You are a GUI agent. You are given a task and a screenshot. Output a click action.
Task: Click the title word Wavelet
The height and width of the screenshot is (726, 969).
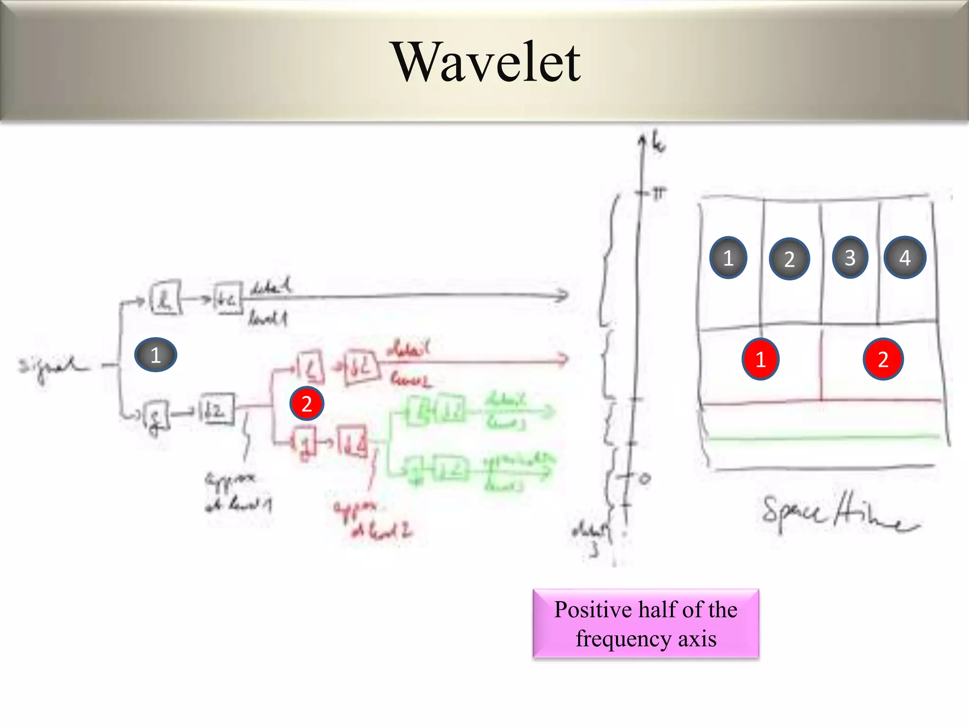click(x=487, y=62)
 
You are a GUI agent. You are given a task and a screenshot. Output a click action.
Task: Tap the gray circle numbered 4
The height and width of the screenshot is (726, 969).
click(x=905, y=258)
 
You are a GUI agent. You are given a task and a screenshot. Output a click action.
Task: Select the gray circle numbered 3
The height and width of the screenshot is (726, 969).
click(x=850, y=257)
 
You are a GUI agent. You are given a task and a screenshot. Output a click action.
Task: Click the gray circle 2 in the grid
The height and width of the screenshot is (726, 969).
click(x=789, y=259)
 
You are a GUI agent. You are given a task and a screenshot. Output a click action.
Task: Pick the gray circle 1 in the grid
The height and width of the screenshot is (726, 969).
click(x=728, y=258)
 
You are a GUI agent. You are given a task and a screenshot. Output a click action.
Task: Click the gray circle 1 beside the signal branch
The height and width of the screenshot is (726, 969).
click(x=156, y=355)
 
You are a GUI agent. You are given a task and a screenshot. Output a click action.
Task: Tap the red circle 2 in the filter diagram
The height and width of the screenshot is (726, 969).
click(x=307, y=404)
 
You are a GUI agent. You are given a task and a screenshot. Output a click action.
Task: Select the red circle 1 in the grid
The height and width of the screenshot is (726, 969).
click(x=760, y=359)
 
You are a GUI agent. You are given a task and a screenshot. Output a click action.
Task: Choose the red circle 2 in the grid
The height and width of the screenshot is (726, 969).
click(x=883, y=359)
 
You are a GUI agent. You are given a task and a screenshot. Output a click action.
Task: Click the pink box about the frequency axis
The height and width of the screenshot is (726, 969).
click(x=646, y=623)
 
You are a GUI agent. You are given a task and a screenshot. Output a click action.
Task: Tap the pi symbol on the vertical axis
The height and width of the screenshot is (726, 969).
click(x=659, y=193)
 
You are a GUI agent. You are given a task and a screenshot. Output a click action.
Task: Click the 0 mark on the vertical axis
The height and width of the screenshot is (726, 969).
click(x=644, y=479)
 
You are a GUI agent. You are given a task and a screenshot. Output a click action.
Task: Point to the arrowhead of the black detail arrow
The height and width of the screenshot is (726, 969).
click(x=563, y=296)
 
